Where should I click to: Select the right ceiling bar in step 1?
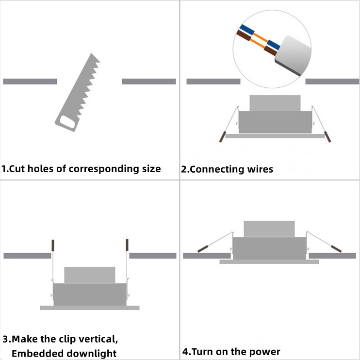tap(148, 82)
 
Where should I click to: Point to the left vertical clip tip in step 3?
tap(53, 245)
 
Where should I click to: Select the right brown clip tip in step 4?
tap(335, 248)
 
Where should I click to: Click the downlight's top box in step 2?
tap(275, 103)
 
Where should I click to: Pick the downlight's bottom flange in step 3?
tap(90, 308)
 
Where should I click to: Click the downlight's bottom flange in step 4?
tap(269, 262)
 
